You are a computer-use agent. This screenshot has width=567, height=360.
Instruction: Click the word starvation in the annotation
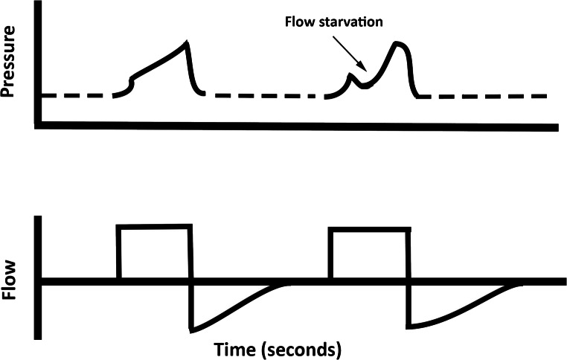(350, 21)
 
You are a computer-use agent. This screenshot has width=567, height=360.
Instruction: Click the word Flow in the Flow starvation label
(300, 21)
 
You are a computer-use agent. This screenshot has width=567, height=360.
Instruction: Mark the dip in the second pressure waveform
(364, 86)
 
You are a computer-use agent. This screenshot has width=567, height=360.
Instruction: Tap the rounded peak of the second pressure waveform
(399, 43)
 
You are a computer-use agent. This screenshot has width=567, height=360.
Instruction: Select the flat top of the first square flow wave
(155, 225)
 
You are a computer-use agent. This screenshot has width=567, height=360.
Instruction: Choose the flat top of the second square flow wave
(368, 230)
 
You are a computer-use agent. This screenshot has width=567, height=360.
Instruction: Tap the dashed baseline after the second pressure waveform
(484, 96)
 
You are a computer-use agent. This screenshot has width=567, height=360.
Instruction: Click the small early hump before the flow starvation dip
(352, 75)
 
